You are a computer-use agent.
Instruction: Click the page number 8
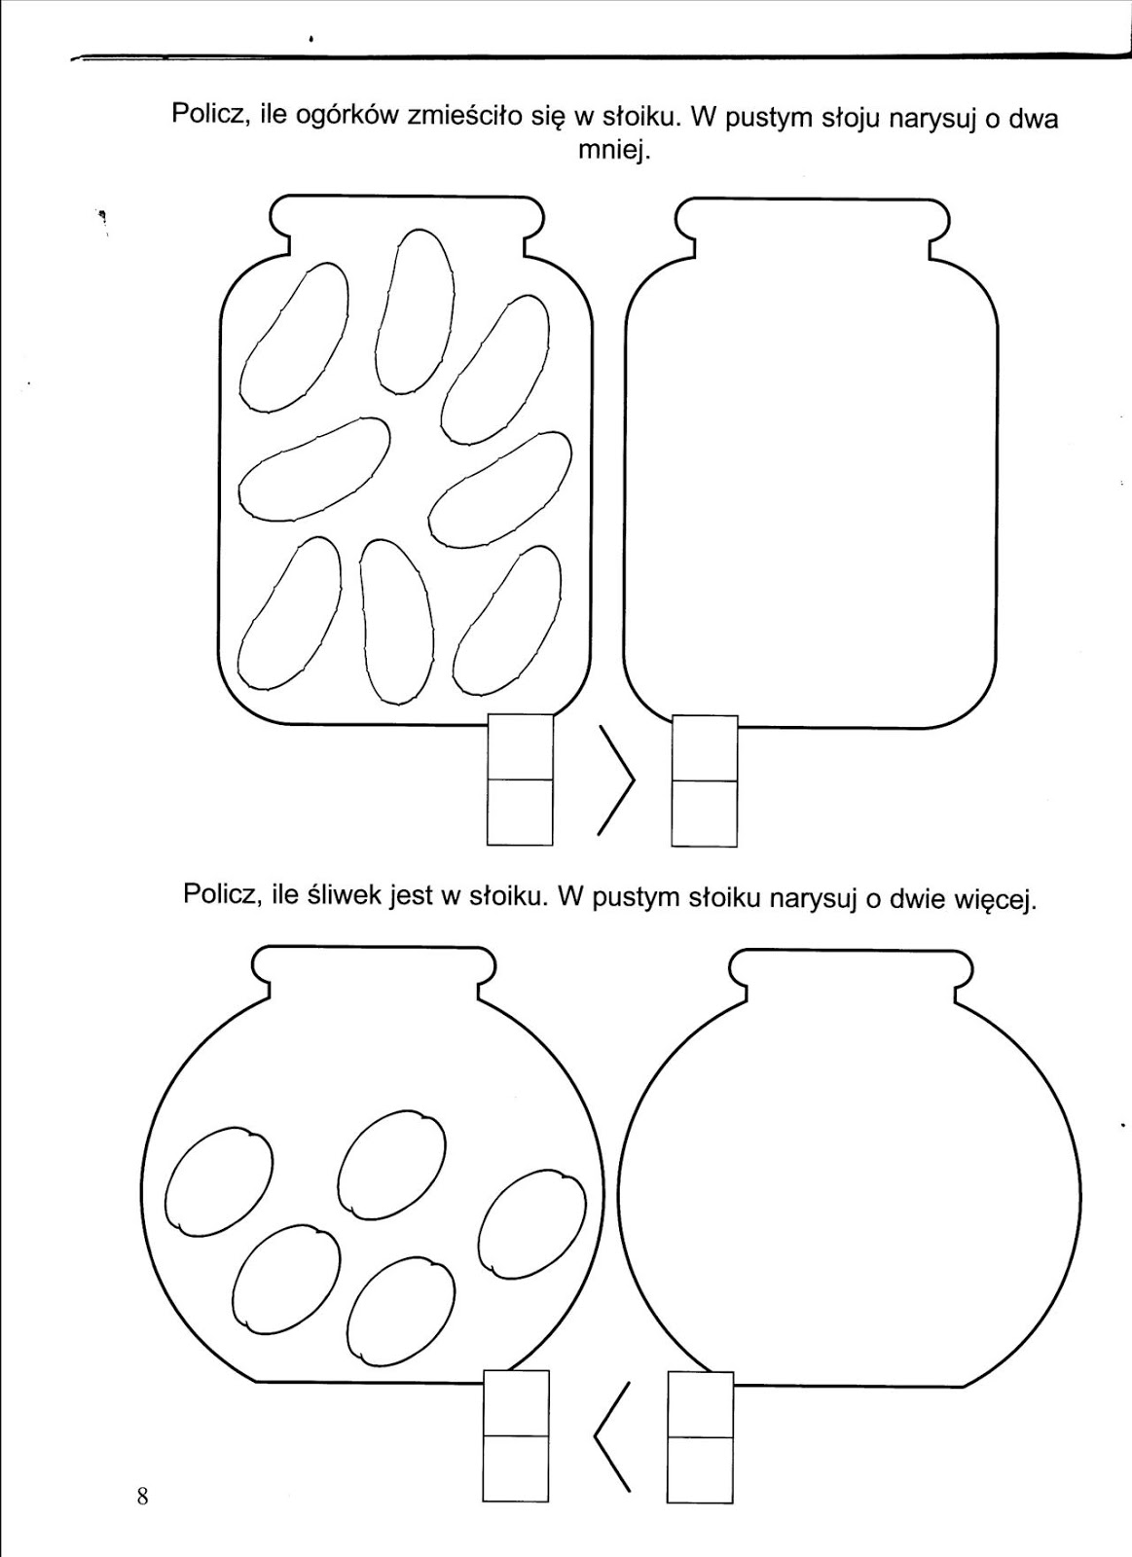[x=143, y=1496]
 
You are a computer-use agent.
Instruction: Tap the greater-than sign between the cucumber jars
[x=615, y=780]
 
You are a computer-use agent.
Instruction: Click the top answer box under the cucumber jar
[x=519, y=747]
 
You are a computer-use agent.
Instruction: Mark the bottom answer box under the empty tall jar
[x=704, y=812]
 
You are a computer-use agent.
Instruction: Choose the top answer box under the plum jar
[x=516, y=1402]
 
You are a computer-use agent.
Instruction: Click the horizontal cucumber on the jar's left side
[x=313, y=468]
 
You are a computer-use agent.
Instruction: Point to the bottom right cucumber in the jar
[x=506, y=620]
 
